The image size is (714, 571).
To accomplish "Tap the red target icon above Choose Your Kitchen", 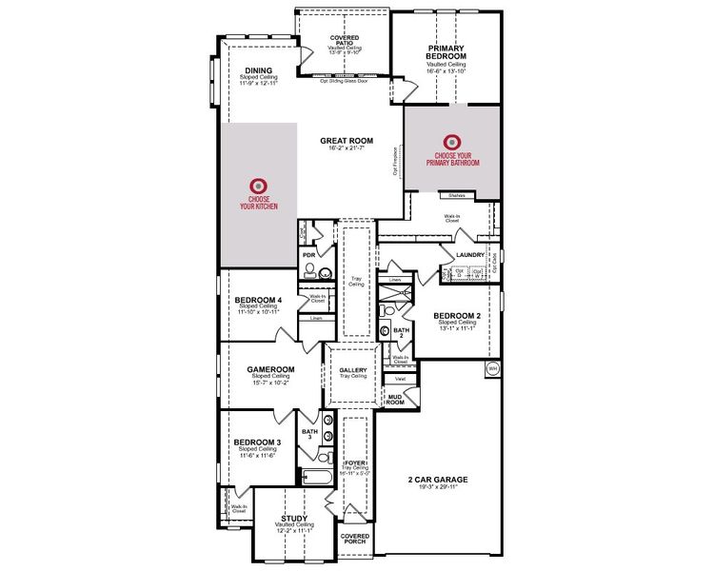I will [x=257, y=186].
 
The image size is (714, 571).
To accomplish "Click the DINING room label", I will [x=259, y=69].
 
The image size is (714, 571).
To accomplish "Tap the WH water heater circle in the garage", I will [x=492, y=367].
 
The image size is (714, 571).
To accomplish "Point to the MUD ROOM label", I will [x=395, y=400].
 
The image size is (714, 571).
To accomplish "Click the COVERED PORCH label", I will [x=355, y=540].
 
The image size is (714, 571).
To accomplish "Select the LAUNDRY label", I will [x=471, y=255].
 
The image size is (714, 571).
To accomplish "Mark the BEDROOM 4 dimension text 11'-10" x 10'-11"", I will [x=259, y=312].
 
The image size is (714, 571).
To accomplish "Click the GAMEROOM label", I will [x=271, y=369].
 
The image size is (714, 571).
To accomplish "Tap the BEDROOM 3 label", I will [x=258, y=443].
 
